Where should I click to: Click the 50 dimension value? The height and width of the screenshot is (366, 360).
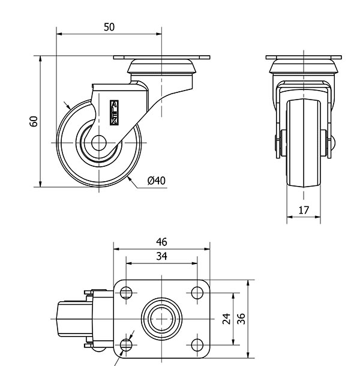click(x=109, y=26)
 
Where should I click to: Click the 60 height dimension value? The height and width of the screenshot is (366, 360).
click(x=34, y=121)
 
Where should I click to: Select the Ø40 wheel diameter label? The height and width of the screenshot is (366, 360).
click(x=156, y=180)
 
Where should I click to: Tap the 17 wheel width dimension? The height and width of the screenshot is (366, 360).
click(x=304, y=210)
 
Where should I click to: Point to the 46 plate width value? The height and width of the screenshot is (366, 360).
click(x=161, y=242)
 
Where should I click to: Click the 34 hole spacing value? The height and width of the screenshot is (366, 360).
click(x=161, y=256)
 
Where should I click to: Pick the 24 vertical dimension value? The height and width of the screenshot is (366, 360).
click(x=227, y=318)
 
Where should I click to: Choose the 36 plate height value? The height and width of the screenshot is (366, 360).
click(x=241, y=318)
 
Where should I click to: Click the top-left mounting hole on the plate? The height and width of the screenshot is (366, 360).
click(x=126, y=293)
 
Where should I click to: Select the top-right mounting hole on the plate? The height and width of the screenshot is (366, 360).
click(x=197, y=293)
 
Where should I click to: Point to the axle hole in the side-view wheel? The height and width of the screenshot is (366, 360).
click(x=98, y=143)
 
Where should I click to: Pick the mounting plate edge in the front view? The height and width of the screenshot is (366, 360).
click(x=304, y=58)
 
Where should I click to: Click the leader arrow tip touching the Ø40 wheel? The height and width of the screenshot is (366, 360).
click(x=128, y=179)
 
